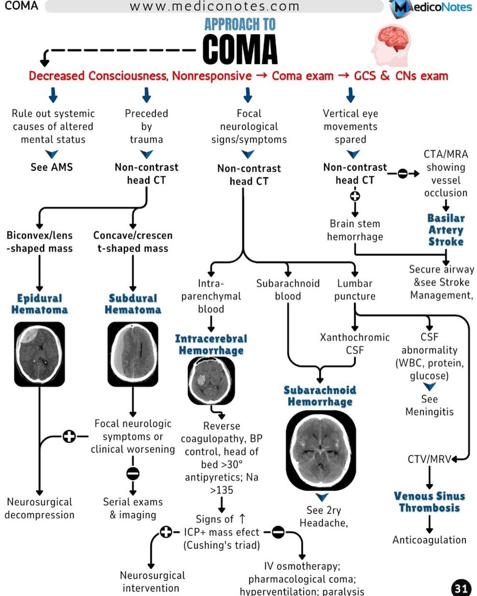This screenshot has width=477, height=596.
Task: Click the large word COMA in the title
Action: (240, 50)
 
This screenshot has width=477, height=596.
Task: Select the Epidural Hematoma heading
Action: (39, 304)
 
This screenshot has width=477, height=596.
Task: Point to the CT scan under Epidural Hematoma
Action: (39, 354)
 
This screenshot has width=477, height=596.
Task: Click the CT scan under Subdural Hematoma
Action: (133, 354)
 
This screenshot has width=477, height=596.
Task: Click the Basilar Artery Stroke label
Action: (446, 230)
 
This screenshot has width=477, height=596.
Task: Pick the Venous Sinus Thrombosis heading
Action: (429, 502)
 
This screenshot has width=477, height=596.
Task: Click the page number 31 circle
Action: (460, 588)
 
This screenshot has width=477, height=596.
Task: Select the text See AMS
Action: (52, 167)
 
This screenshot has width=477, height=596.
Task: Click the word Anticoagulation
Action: (429, 540)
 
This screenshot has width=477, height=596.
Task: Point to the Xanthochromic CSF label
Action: (354, 344)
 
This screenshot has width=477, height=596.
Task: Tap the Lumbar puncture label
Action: (354, 290)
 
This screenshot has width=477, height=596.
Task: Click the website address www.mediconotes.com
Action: (215, 6)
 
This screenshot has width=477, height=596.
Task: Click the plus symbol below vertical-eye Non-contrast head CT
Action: (355, 195)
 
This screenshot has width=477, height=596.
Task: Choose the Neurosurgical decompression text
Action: (39, 508)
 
